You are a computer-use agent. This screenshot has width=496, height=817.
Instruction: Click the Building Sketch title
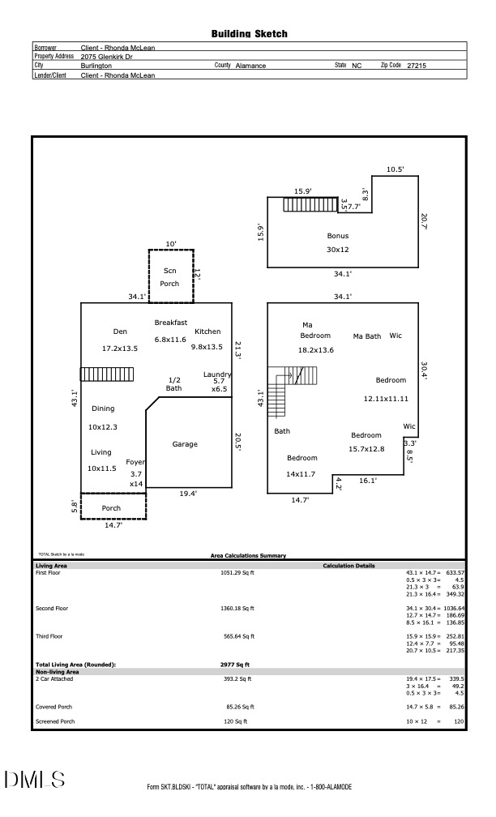249,34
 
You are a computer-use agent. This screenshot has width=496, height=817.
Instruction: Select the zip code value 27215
417,66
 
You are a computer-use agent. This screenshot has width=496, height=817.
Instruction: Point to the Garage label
185,444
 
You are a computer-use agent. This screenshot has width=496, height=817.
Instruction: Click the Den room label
120,332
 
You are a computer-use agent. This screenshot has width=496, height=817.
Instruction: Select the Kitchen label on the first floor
207,332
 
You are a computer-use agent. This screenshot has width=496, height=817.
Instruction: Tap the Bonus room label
338,236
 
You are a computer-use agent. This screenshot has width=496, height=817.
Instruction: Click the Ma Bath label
367,336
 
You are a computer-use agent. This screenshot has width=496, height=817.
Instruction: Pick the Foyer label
135,462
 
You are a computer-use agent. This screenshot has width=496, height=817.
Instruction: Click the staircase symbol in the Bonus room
310,203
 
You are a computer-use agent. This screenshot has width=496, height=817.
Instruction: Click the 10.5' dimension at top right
395,169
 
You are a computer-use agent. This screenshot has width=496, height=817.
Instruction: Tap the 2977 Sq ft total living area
229,665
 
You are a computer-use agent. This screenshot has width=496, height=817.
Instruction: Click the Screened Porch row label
55,721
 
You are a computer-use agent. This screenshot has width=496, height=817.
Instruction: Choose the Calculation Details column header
348,565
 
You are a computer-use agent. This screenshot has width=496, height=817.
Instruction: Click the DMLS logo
34,780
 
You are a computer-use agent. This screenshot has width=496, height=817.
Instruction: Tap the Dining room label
103,408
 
